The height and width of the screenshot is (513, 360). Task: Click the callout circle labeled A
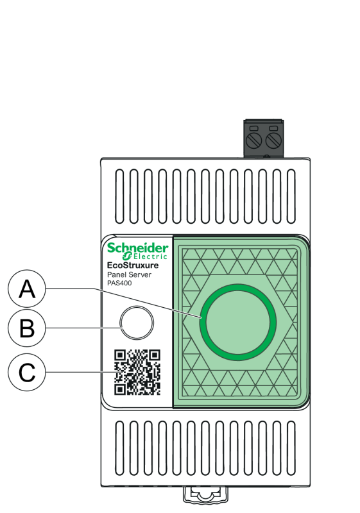point(27,289)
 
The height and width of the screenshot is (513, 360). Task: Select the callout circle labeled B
point(27,328)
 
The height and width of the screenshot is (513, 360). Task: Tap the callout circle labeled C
point(27,372)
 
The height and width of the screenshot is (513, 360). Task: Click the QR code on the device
point(137,373)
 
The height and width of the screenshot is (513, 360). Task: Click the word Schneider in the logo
point(138,248)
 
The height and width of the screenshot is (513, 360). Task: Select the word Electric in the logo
point(150,256)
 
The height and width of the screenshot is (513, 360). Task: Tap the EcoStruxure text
point(133,265)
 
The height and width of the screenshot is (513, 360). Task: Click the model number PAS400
point(119,283)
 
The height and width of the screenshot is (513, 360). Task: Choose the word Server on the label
point(140,275)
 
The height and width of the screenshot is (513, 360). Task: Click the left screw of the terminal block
point(254,140)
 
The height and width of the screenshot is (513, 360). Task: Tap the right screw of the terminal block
point(273,140)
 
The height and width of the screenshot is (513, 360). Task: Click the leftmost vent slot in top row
point(120,196)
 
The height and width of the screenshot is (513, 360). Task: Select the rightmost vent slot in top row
point(291,196)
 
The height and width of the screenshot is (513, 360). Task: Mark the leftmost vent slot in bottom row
point(120,448)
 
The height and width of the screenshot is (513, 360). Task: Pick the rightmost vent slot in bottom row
point(291,448)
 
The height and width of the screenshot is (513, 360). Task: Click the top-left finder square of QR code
point(120,355)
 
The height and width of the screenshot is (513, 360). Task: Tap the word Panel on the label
point(117,275)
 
